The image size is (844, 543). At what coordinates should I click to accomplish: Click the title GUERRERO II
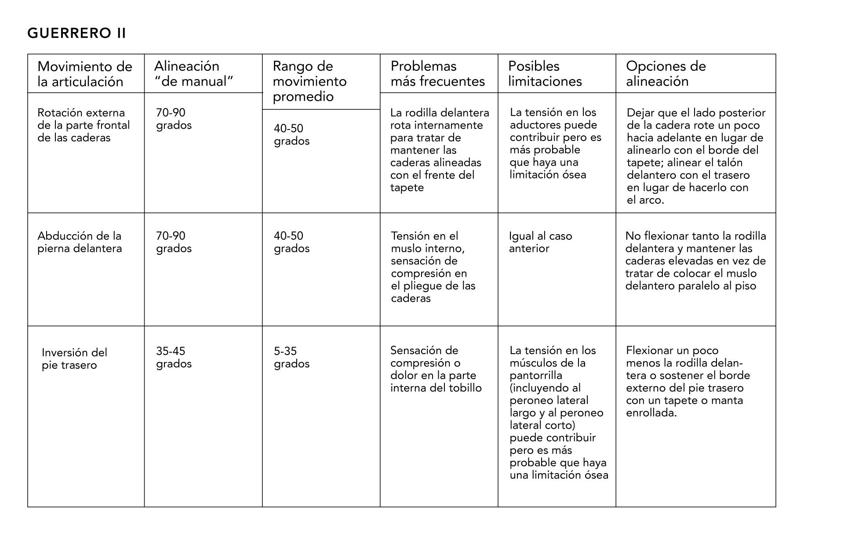(76, 33)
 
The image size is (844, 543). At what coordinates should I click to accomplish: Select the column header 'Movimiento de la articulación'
(84, 74)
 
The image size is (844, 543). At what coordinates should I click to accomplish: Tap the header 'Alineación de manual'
(193, 74)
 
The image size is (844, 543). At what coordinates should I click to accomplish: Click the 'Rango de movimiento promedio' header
(309, 81)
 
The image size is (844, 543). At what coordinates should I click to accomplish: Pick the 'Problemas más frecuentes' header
(437, 74)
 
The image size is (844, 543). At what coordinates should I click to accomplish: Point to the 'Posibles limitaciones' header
(545, 74)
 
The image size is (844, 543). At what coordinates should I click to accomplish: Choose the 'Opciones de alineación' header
(666, 74)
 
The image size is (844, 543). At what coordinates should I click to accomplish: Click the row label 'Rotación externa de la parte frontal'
(84, 125)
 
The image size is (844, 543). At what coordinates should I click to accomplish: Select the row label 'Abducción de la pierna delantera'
(80, 242)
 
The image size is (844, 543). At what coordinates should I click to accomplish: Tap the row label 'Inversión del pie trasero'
(74, 359)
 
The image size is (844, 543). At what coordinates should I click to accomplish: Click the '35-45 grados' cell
(174, 358)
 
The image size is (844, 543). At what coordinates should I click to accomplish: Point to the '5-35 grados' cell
(291, 358)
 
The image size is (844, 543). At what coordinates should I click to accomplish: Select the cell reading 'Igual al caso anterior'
(540, 242)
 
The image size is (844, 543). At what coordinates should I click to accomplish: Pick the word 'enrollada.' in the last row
(651, 413)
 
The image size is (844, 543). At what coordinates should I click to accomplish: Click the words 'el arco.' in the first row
(645, 200)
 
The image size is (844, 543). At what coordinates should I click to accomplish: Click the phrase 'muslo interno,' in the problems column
(428, 249)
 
